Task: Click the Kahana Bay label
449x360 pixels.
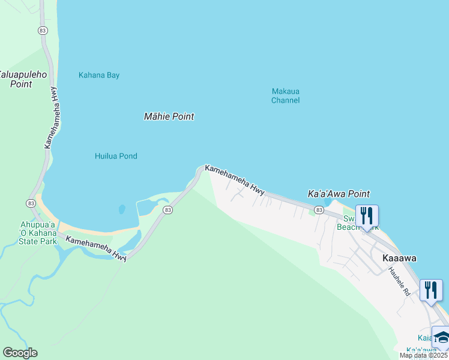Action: pyautogui.click(x=99, y=75)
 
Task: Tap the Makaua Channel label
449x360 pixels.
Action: pyautogui.click(x=285, y=96)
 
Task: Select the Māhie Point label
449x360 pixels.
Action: pyautogui.click(x=169, y=116)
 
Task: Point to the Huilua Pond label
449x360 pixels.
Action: pyautogui.click(x=116, y=156)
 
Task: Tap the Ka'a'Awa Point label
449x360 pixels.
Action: pyautogui.click(x=339, y=194)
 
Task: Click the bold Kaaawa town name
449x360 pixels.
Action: pyautogui.click(x=399, y=257)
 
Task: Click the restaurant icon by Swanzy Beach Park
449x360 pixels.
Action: pyautogui.click(x=367, y=215)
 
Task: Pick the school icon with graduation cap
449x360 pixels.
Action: pyautogui.click(x=442, y=337)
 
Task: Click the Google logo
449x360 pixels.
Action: pyautogui.click(x=20, y=353)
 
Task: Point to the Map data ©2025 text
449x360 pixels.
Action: pyautogui.click(x=423, y=355)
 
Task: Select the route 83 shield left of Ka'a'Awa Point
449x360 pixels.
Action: pyautogui.click(x=319, y=210)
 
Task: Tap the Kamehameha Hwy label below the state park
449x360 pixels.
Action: pyautogui.click(x=96, y=248)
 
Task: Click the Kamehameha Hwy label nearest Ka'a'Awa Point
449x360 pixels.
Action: pyautogui.click(x=235, y=179)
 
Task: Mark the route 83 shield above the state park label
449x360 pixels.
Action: pyautogui.click(x=30, y=203)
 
